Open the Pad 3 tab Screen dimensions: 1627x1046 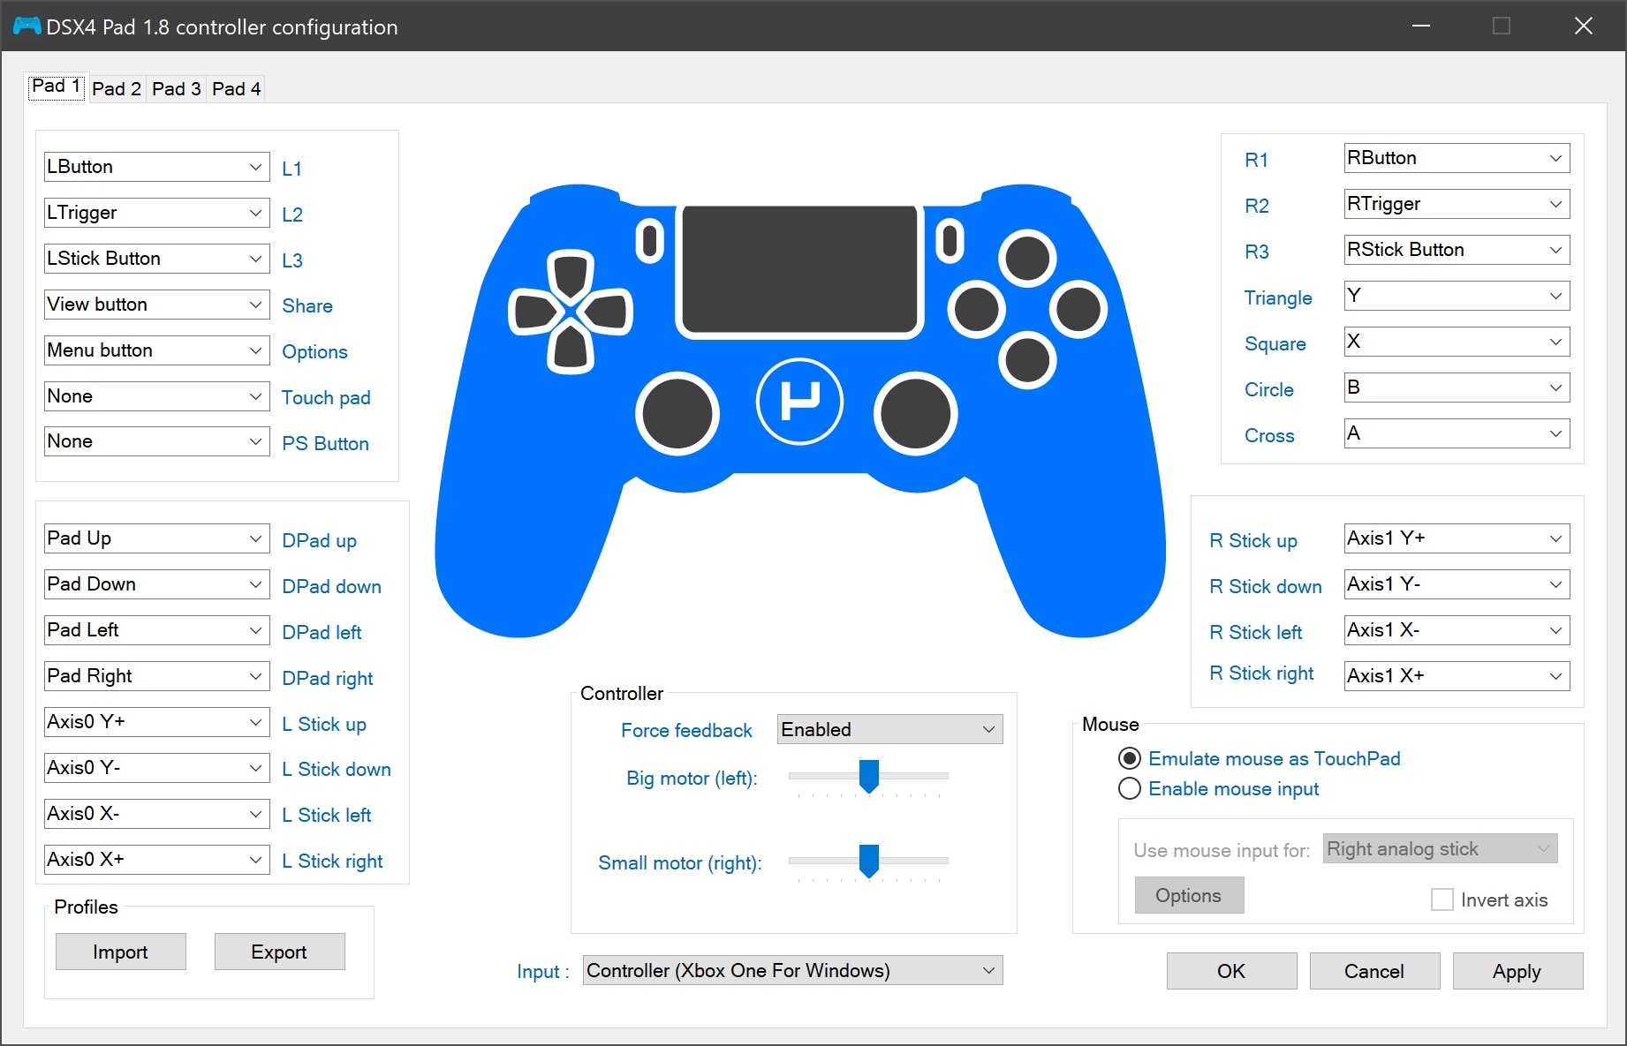coord(177,88)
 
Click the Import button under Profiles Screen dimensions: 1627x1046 coord(121,952)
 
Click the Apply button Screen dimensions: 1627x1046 coord(1517,971)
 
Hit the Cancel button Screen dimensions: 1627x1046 coord(1374,971)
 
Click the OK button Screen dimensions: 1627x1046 coord(1231,971)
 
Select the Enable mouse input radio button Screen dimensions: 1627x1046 coord(1130,788)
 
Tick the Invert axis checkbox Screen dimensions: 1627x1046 coord(1442,899)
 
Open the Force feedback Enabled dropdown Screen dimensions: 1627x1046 coord(890,729)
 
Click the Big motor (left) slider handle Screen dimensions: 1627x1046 coord(869,777)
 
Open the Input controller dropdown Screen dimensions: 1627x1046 coord(793,970)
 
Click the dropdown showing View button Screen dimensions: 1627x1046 coord(157,305)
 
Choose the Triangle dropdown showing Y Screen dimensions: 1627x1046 coord(1457,296)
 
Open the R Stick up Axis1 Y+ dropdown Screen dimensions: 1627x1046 coord(1457,538)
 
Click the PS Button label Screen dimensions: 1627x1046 coord(325,443)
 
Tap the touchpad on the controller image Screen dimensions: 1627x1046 coord(799,270)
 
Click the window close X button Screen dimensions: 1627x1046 coord(1584,26)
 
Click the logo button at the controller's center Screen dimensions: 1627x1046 coord(799,402)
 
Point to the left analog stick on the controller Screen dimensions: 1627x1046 coord(677,413)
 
